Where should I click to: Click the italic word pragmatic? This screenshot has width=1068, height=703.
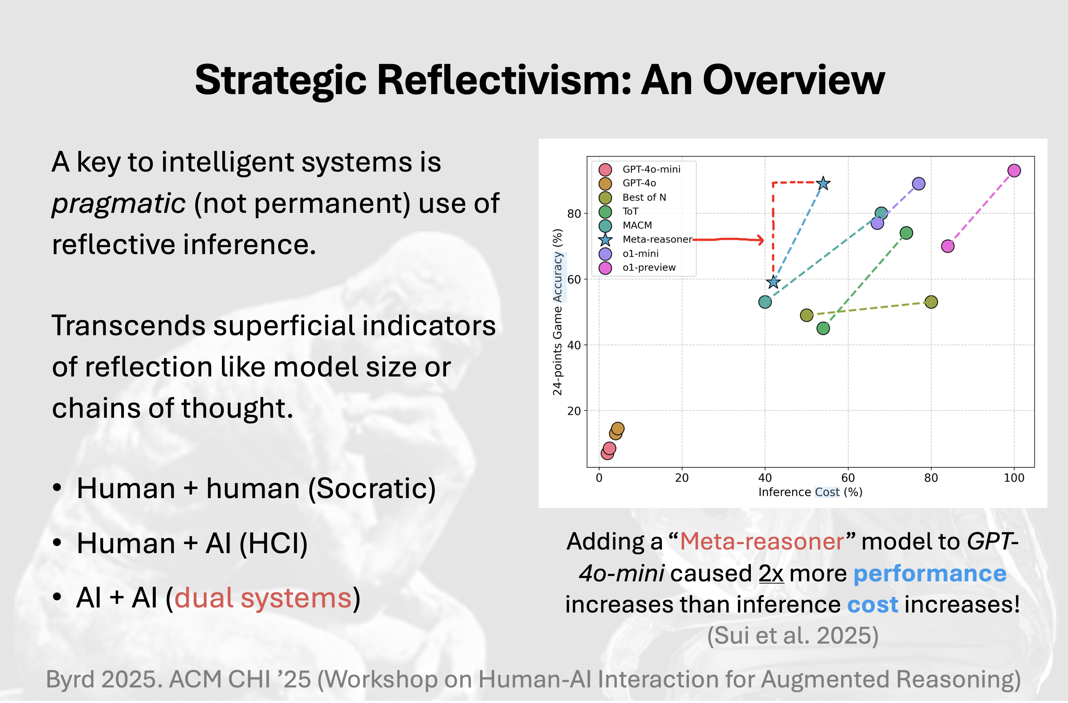tap(118, 204)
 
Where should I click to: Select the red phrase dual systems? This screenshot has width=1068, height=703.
tap(263, 598)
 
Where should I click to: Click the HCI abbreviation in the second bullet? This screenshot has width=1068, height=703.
tap(274, 543)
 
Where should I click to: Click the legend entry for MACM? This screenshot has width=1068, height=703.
tap(637, 225)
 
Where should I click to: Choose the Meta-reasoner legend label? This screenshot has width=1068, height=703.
tap(657, 240)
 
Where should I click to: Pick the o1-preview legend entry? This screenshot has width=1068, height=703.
tap(649, 268)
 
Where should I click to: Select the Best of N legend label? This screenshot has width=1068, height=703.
tap(644, 197)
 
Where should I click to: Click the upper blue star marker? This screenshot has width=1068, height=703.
tap(823, 184)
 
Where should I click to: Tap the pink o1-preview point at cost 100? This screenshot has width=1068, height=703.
tap(1014, 171)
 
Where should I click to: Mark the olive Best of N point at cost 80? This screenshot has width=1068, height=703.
tap(931, 302)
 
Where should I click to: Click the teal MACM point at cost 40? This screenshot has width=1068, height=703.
tap(765, 302)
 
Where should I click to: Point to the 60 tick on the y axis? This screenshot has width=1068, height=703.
tap(574, 279)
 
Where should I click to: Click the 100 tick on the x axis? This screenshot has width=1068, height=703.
tap(1014, 478)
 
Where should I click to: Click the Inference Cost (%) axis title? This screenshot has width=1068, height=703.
tap(810, 492)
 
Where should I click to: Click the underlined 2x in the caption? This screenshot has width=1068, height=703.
tap(771, 573)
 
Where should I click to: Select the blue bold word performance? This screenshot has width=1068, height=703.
tap(930, 574)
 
